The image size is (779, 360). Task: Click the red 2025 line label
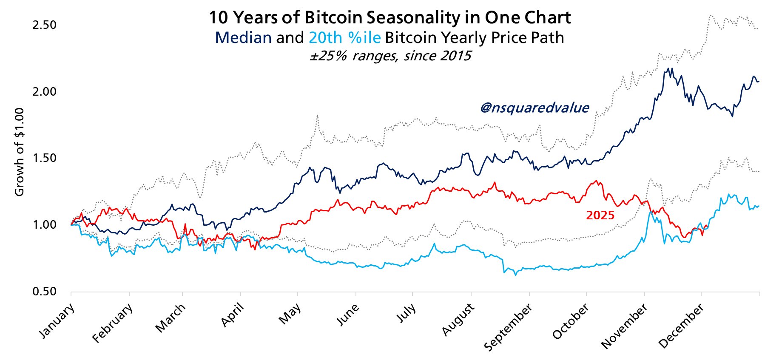point(600,215)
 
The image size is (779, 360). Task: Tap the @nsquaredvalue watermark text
point(534,108)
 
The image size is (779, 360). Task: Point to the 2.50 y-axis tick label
point(44,25)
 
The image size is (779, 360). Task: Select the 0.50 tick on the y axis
point(44,292)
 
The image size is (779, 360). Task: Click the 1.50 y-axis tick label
point(44,158)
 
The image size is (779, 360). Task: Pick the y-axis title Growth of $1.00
point(19,152)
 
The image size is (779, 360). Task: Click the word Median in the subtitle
point(243,38)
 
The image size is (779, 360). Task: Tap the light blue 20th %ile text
point(344,38)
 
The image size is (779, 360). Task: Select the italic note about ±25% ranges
point(390,56)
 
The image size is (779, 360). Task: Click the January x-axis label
point(57,320)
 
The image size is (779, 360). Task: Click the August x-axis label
point(458,320)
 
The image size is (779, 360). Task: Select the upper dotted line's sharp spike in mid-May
point(317,115)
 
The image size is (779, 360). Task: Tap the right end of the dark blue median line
point(759,81)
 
